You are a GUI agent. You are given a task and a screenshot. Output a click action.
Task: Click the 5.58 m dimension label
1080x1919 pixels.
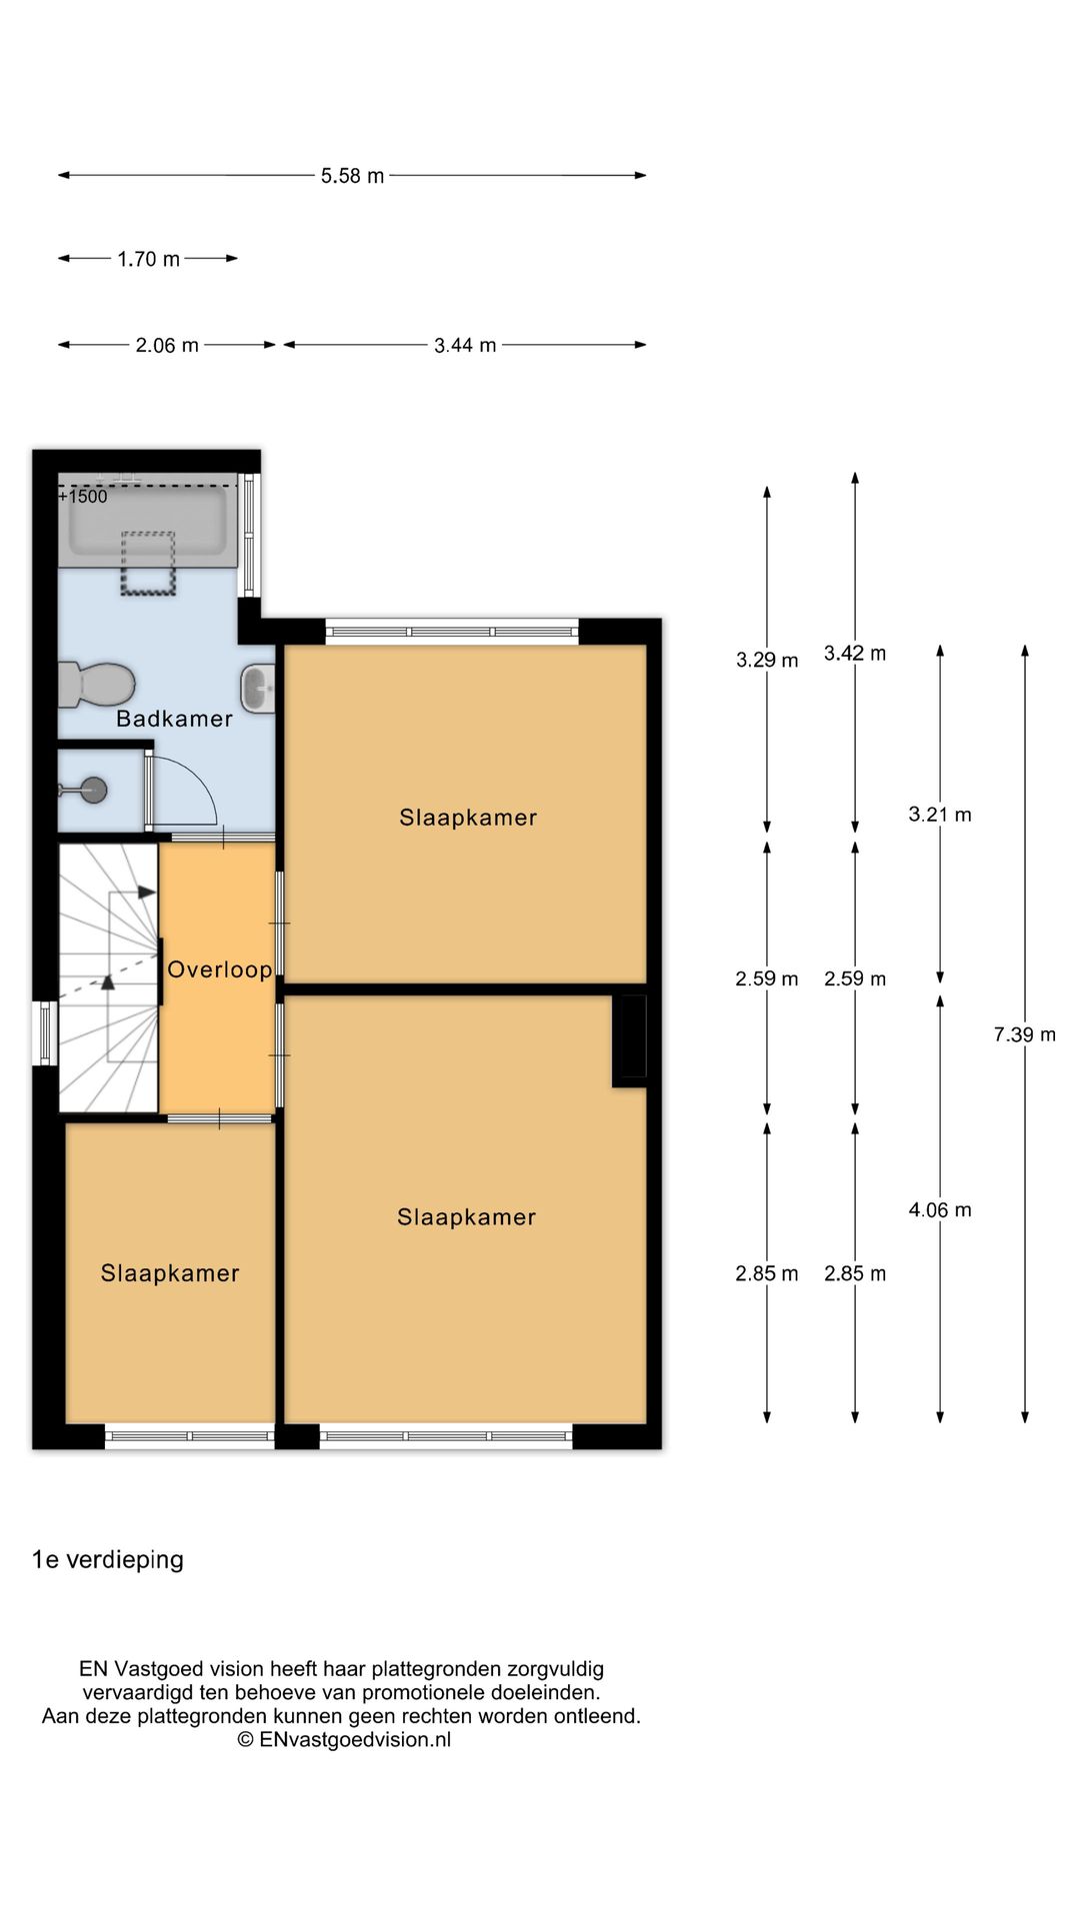click(352, 176)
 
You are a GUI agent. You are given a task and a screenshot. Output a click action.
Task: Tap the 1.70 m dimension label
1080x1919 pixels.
click(148, 259)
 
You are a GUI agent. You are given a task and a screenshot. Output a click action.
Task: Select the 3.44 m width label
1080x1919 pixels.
click(465, 345)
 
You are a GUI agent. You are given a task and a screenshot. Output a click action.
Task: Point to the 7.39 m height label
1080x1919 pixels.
click(1024, 1034)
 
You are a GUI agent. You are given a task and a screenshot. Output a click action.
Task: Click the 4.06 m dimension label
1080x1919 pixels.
click(940, 1210)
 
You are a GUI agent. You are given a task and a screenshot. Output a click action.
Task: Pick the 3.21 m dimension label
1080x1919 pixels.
click(940, 815)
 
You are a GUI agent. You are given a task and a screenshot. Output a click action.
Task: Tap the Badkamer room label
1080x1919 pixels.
click(174, 719)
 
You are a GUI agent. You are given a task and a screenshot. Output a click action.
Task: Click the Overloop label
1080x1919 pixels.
click(220, 969)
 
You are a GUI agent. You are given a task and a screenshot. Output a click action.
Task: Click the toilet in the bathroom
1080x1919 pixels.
click(96, 684)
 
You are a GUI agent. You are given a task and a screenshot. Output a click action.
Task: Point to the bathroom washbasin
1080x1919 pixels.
click(258, 689)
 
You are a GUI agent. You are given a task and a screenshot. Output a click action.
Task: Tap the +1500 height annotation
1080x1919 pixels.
click(83, 497)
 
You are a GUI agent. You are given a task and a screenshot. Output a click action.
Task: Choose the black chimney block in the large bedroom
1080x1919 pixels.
click(630, 1040)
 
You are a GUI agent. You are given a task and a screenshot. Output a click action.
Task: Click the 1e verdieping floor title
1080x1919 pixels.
click(108, 1560)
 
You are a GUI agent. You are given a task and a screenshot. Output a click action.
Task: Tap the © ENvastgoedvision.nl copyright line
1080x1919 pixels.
click(344, 1740)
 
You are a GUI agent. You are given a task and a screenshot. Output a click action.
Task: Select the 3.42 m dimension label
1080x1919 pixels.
click(855, 654)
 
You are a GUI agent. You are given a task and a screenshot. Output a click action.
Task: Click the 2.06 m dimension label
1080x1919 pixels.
click(167, 346)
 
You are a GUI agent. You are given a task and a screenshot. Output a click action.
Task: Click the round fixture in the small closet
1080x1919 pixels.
click(94, 790)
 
